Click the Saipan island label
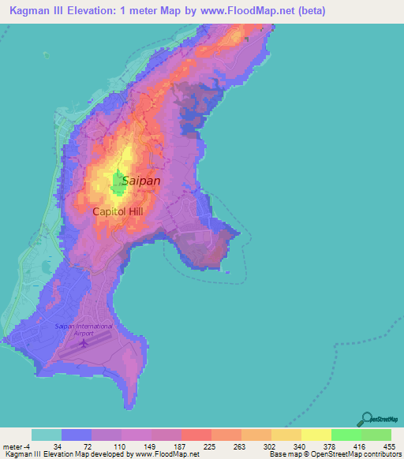141,181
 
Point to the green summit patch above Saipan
119,184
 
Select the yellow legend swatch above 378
316,435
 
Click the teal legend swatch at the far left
46,435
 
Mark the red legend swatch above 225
196,435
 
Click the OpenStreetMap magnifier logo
368,419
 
